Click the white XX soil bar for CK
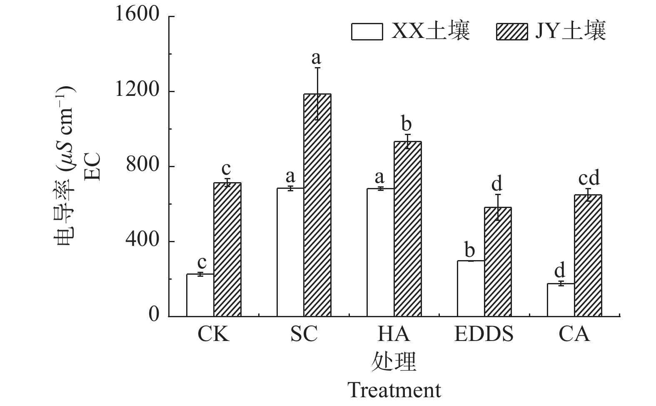tap(200, 295)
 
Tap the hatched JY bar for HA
tap(407, 229)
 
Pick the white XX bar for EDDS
tap(471, 288)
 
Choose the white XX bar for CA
tap(561, 300)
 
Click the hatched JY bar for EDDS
tap(498, 262)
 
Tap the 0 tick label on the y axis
tap(154, 315)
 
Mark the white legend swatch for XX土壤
tap(367, 31)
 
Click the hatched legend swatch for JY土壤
tap(512, 31)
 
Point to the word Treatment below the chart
tap(394, 390)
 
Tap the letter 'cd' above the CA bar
tap(589, 178)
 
